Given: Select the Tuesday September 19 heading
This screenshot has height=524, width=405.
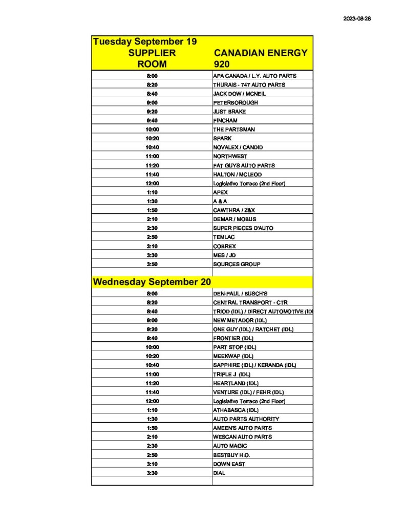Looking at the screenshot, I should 145,41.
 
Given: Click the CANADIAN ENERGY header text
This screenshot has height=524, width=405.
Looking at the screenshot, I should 261,53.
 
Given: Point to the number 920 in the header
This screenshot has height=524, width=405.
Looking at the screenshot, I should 222,64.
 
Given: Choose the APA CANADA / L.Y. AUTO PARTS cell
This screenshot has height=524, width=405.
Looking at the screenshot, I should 254,76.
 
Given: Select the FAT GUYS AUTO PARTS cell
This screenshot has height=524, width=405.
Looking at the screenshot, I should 244,165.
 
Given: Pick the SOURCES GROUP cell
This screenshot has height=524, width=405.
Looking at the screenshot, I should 237,264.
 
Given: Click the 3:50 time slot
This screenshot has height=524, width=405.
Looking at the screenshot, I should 152,264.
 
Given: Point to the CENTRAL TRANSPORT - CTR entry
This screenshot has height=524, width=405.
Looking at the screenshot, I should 250,302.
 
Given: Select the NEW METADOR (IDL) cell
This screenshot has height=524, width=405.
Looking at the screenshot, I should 240,320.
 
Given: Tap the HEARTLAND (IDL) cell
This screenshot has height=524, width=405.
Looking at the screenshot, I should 236,383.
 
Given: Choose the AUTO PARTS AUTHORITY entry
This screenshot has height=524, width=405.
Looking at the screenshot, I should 246,419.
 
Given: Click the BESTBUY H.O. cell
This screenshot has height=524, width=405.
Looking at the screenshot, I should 231,455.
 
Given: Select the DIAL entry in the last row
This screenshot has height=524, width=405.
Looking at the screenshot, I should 219,473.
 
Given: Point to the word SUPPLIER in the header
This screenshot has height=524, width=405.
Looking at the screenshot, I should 152,53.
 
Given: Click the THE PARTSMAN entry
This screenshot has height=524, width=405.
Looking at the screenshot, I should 233,129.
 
